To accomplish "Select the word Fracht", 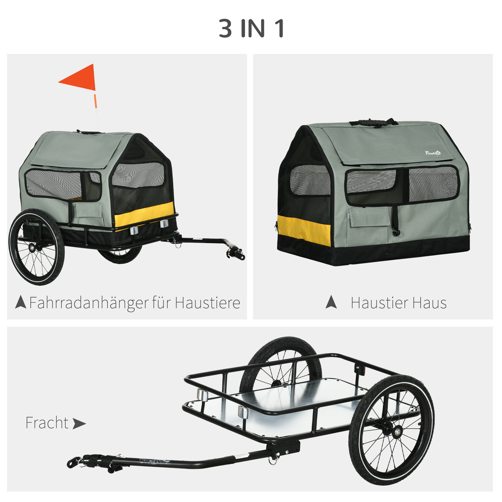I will coord(47,423).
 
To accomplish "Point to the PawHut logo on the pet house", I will coord(432,153).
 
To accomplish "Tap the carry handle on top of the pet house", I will coord(373,123).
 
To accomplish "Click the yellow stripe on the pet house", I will coord(304,230).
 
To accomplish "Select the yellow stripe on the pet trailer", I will coord(144,214).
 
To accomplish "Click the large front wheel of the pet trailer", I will coord(37,247).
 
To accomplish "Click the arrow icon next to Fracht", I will coord(79,423).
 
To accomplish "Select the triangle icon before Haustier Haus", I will coord(331,303).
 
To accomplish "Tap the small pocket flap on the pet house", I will coord(370,218).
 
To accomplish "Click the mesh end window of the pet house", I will coord(310,180).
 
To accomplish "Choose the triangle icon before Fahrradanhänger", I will coord(20,303).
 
